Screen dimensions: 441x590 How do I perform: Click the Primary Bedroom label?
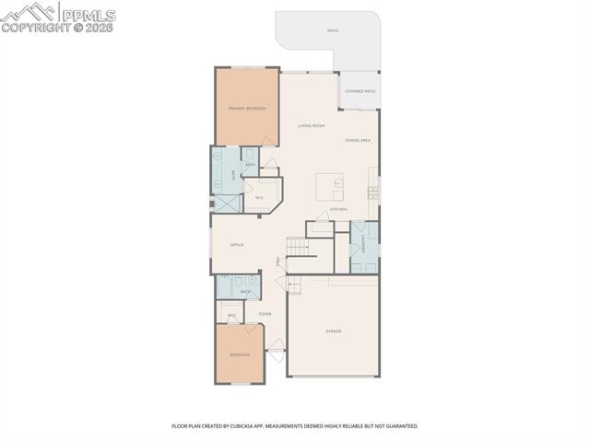click(x=247, y=109)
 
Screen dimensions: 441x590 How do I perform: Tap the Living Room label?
click(x=311, y=125)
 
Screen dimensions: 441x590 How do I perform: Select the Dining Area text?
click(x=358, y=140)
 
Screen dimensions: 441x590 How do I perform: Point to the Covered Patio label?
click(x=360, y=91)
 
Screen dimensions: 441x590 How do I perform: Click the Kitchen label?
click(x=339, y=210)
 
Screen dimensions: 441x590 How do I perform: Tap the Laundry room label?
click(x=364, y=245)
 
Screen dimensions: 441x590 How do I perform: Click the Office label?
click(x=236, y=245)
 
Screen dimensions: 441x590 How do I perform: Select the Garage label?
click(x=333, y=331)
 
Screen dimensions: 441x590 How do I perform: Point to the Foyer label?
click(x=265, y=314)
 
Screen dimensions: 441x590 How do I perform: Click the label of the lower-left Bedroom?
click(x=239, y=354)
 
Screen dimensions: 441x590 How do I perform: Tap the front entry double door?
click(x=275, y=349)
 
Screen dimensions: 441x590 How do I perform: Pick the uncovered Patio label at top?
click(x=332, y=30)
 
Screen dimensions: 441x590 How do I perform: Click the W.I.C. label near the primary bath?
click(x=260, y=197)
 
